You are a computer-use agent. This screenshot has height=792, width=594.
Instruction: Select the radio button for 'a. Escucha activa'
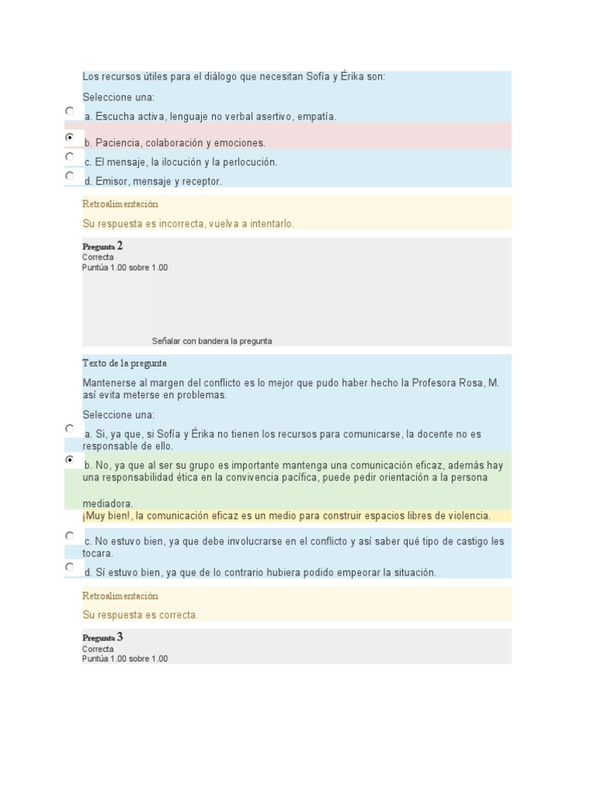70,111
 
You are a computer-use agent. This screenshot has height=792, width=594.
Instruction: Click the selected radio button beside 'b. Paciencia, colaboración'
70,137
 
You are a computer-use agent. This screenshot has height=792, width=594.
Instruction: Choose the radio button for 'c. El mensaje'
70,156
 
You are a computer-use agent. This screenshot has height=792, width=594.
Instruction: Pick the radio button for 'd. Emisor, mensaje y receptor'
70,176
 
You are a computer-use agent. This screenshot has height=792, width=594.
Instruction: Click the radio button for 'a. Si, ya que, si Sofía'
70,428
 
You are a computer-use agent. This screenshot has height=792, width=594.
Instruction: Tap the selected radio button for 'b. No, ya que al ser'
70,459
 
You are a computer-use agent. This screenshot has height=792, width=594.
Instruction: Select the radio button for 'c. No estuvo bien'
70,535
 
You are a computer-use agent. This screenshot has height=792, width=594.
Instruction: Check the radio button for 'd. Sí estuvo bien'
70,567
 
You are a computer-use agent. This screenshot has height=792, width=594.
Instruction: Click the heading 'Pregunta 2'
103,246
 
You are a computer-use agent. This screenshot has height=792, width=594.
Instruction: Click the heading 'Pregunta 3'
103,637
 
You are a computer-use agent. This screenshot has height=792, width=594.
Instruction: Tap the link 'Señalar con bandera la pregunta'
212,341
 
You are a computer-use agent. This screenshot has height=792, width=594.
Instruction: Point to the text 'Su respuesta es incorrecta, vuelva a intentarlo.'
188,224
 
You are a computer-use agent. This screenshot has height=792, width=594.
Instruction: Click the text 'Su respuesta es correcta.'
140,615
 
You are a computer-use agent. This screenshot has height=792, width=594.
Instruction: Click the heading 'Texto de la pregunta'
125,364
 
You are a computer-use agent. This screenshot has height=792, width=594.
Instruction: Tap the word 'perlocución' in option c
249,162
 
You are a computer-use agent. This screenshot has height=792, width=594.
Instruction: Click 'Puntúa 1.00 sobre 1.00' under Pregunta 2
125,268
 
